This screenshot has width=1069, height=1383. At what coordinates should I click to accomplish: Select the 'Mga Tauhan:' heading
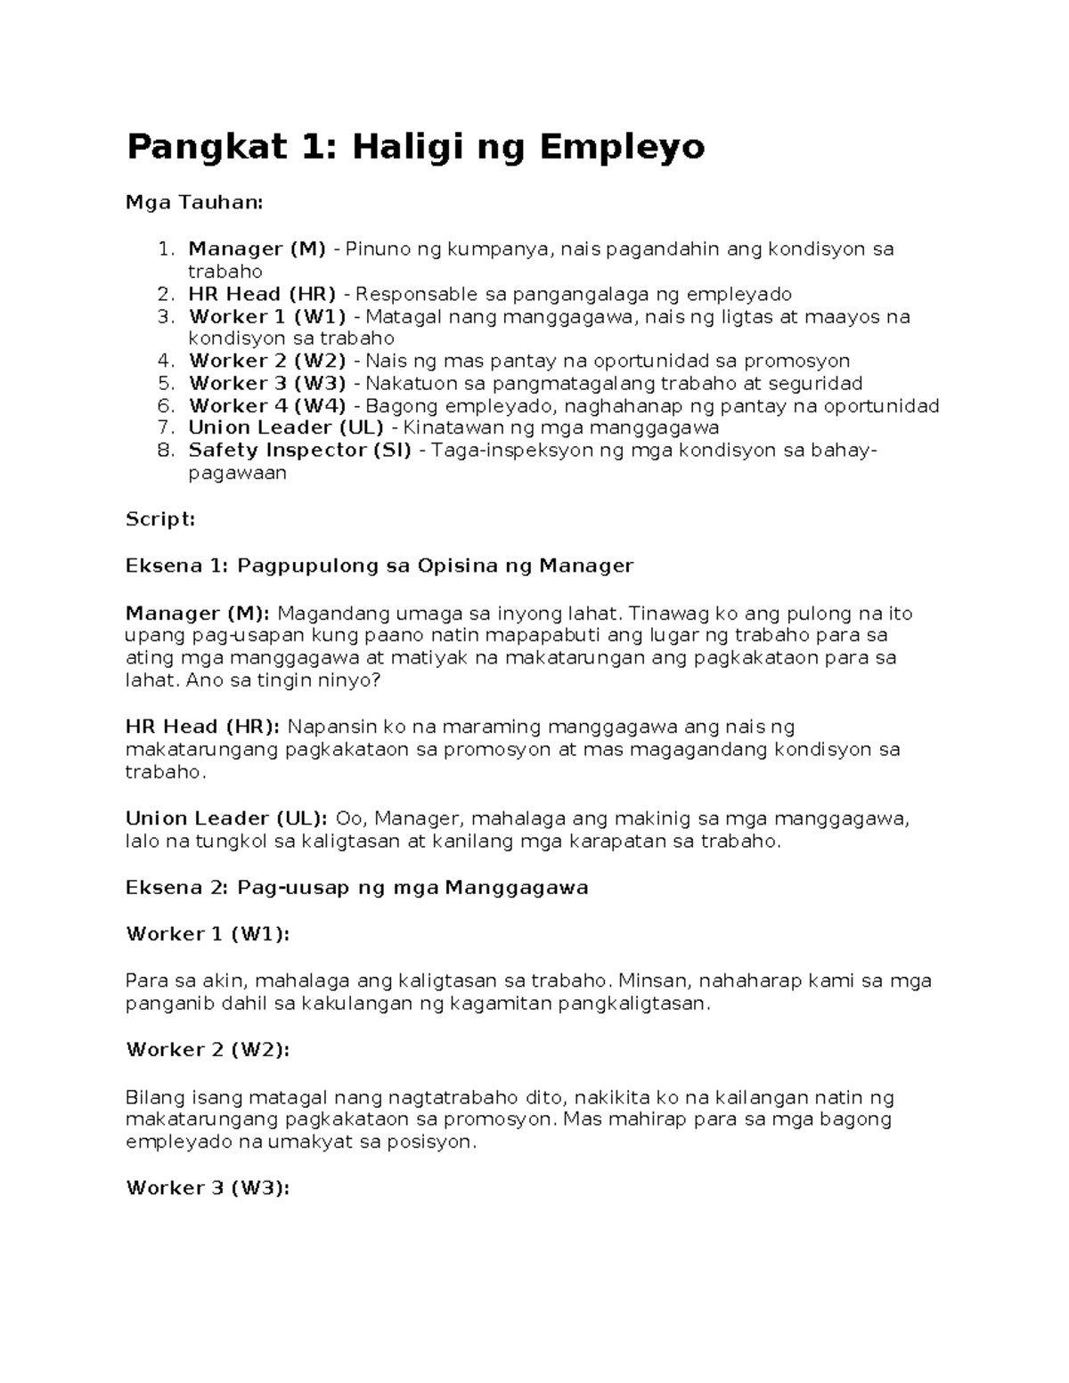point(194,203)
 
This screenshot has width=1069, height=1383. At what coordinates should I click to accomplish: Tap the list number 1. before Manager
point(166,248)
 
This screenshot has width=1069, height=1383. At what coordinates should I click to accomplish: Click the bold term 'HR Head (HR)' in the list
point(262,294)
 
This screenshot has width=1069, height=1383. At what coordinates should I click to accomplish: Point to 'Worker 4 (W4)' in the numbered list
point(267,406)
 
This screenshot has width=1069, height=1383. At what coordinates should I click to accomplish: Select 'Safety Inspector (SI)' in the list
point(299,451)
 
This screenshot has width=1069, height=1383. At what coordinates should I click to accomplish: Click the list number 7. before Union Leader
point(166,428)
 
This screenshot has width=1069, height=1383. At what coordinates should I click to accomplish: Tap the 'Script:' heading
point(160,519)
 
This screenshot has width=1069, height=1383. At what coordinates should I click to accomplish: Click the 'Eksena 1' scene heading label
point(177,565)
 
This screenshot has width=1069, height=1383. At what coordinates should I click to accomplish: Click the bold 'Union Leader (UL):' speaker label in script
point(226,818)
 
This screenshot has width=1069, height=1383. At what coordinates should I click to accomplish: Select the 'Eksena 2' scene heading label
point(177,888)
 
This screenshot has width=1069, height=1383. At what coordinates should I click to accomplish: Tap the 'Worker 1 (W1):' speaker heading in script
point(208,934)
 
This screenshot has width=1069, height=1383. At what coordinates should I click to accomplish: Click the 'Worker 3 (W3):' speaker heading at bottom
point(208,1188)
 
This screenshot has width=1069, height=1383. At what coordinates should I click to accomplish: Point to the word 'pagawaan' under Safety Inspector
point(237,474)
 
